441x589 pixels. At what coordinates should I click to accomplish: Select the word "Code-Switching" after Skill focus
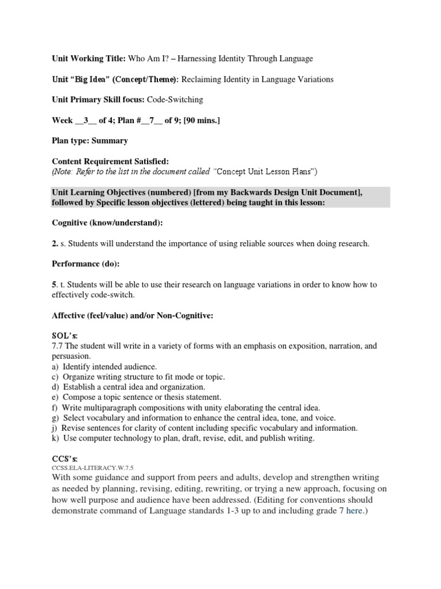[x=175, y=100]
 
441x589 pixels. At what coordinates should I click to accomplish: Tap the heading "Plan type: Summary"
[x=90, y=140]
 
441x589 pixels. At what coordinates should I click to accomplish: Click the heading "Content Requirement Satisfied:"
[x=111, y=162]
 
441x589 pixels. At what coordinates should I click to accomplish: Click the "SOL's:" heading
[x=64, y=335]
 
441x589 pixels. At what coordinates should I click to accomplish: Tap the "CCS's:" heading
[x=64, y=458]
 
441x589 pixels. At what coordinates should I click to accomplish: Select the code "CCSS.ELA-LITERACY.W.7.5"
[x=92, y=468]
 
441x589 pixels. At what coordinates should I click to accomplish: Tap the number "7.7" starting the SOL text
[x=58, y=346]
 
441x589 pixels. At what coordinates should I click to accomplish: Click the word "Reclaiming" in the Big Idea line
[x=203, y=79]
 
